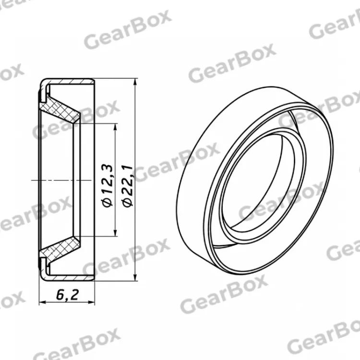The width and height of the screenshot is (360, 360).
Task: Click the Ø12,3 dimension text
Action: (x=108, y=185)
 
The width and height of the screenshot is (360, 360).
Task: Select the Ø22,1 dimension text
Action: (x=128, y=185)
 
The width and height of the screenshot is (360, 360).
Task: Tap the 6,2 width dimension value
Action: (x=67, y=295)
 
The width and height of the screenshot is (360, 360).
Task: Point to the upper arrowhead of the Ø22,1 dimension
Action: (x=135, y=83)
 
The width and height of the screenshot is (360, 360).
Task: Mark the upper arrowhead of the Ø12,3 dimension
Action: (x=115, y=127)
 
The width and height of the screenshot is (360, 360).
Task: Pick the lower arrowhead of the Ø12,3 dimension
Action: (x=115, y=232)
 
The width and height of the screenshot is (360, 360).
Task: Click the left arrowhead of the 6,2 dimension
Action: (x=43, y=302)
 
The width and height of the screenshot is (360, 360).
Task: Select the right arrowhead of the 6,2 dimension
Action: (x=91, y=302)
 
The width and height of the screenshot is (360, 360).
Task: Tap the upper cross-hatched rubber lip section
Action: (x=61, y=110)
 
